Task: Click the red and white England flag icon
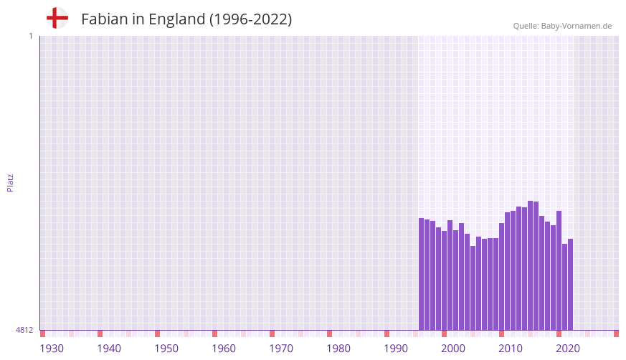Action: point(57,19)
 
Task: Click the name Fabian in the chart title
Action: point(105,19)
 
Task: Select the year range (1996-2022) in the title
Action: point(250,19)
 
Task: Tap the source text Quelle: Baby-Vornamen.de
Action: point(562,26)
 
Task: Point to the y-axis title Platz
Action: point(10,182)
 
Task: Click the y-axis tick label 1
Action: point(30,36)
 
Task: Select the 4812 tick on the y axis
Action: point(24,330)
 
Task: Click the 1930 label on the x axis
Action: point(52,349)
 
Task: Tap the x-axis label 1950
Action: point(166,349)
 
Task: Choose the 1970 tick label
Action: point(281,349)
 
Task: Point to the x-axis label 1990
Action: point(396,349)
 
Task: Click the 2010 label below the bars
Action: point(511,349)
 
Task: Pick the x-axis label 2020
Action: point(568,349)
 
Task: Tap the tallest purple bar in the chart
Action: point(531,265)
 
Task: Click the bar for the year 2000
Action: point(445,280)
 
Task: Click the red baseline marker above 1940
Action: point(100,333)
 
